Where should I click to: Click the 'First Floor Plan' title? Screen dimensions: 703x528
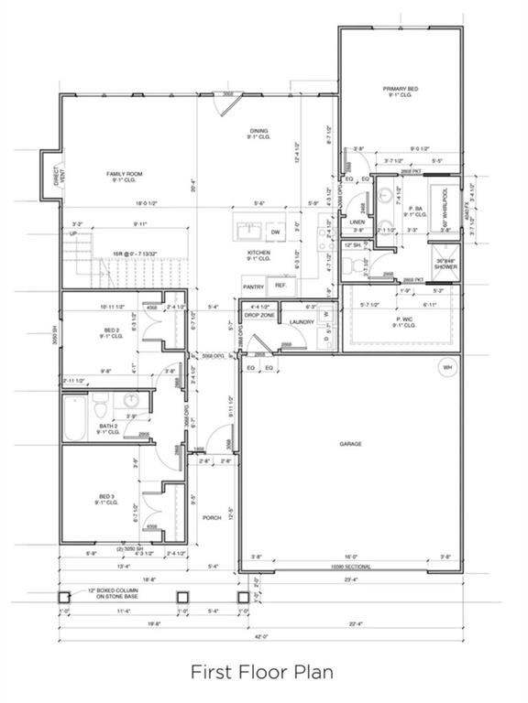261,673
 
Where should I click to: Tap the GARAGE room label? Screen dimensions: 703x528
350,444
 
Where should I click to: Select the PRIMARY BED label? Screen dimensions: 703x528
400,92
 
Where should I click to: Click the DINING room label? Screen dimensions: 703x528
259,134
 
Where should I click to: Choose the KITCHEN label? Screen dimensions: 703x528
259,255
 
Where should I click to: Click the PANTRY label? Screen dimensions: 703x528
253,287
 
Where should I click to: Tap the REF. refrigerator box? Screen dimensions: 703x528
280,286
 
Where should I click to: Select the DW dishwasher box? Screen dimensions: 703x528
274,233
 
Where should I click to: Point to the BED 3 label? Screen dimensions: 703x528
107,500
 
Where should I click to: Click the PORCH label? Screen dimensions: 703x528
212,517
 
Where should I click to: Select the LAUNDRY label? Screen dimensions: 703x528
302,322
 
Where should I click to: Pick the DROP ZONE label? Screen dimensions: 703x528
259,315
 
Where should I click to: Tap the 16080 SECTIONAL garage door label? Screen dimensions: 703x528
350,567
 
